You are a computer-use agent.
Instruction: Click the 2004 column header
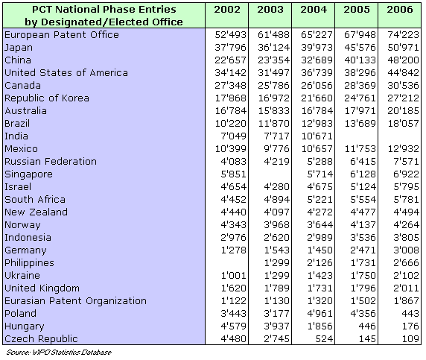pos(314,10)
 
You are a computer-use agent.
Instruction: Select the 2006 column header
pos(400,10)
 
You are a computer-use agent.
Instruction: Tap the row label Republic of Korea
pos(47,98)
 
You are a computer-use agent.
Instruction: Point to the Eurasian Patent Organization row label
pos(75,301)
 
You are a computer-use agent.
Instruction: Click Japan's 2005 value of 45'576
pos(360,47)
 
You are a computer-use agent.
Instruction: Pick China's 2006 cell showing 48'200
pos(403,60)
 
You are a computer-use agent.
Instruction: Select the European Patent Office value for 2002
pos(230,35)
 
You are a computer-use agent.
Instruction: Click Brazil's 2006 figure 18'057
pos(403,124)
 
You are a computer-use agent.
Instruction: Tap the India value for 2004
pos(317,136)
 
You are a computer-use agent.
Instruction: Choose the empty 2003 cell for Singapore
pos(270,174)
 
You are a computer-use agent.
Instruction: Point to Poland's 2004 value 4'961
pos(319,314)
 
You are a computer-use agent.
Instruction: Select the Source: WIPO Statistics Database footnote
pos(59,353)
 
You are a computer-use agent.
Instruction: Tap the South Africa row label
pos(35,200)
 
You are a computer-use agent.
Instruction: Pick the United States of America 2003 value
pos(273,73)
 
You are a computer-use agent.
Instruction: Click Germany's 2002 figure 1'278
pos(233,250)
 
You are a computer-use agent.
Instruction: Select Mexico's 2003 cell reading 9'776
pos(276,149)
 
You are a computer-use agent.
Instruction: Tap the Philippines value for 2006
pos(406,263)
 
